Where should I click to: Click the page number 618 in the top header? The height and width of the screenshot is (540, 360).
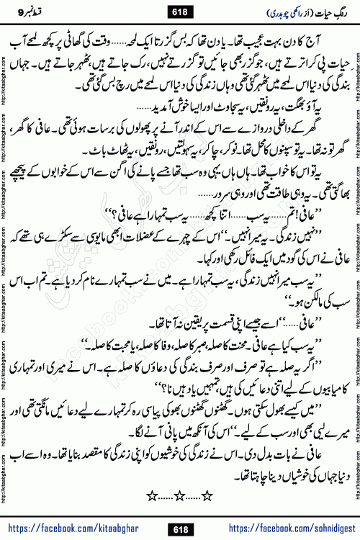180,12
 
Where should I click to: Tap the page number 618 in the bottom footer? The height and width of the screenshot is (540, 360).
180,528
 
